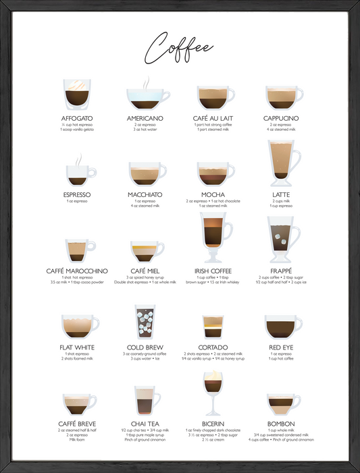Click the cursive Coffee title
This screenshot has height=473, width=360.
(180, 47)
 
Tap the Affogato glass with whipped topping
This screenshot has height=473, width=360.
(77, 94)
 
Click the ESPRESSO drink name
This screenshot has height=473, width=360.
(77, 194)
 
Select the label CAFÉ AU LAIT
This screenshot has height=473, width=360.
(213, 118)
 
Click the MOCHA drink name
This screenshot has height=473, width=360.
(213, 194)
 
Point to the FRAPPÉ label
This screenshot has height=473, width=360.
(282, 271)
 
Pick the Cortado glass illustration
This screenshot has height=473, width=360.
(213, 326)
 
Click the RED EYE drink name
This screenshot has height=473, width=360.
(282, 347)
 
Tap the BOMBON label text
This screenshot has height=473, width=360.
(282, 424)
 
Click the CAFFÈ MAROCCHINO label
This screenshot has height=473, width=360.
(77, 271)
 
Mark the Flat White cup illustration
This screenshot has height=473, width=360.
(78, 326)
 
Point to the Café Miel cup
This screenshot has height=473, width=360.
(146, 251)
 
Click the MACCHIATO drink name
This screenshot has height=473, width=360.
(145, 194)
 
